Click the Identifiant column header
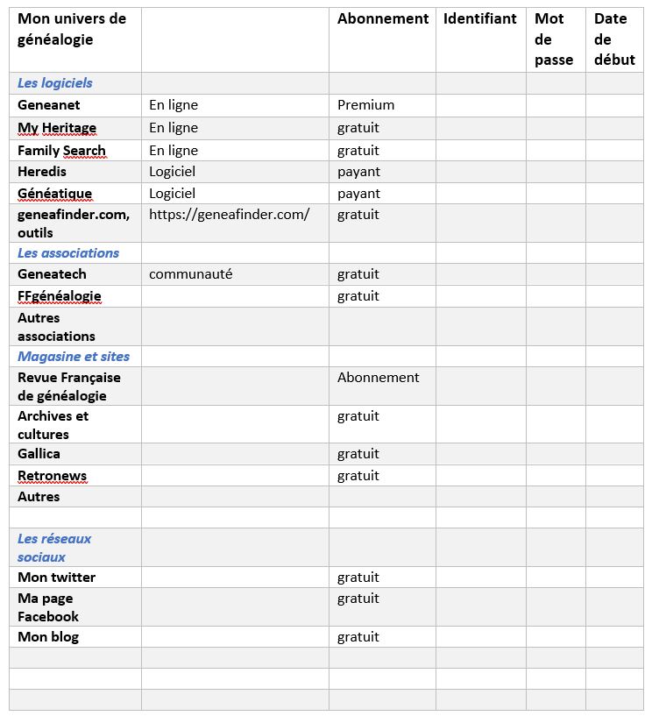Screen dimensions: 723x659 [x=479, y=18]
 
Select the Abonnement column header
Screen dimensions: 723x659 [x=383, y=18]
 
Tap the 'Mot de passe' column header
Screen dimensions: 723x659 [x=554, y=39]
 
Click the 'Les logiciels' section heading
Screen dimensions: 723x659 [x=55, y=83]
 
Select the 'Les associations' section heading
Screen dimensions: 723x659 [x=68, y=253]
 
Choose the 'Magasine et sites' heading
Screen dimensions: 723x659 [x=74, y=357]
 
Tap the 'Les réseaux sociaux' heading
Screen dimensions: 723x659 [x=54, y=548]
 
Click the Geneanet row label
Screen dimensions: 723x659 [x=49, y=105]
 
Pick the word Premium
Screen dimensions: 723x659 [x=365, y=105]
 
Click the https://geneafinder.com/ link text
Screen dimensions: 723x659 [x=229, y=214]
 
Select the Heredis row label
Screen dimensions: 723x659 [x=42, y=172]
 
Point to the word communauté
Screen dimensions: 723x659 [x=191, y=274]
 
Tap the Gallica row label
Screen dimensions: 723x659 [x=39, y=454]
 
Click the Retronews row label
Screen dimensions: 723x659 [x=53, y=476]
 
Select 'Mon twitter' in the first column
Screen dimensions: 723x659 [x=57, y=578]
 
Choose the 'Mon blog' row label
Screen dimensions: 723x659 [x=48, y=637]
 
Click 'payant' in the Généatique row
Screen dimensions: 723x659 [x=358, y=194]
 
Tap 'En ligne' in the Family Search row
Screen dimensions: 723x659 [x=174, y=151]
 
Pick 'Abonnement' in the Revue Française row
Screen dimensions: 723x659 [x=379, y=378]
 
